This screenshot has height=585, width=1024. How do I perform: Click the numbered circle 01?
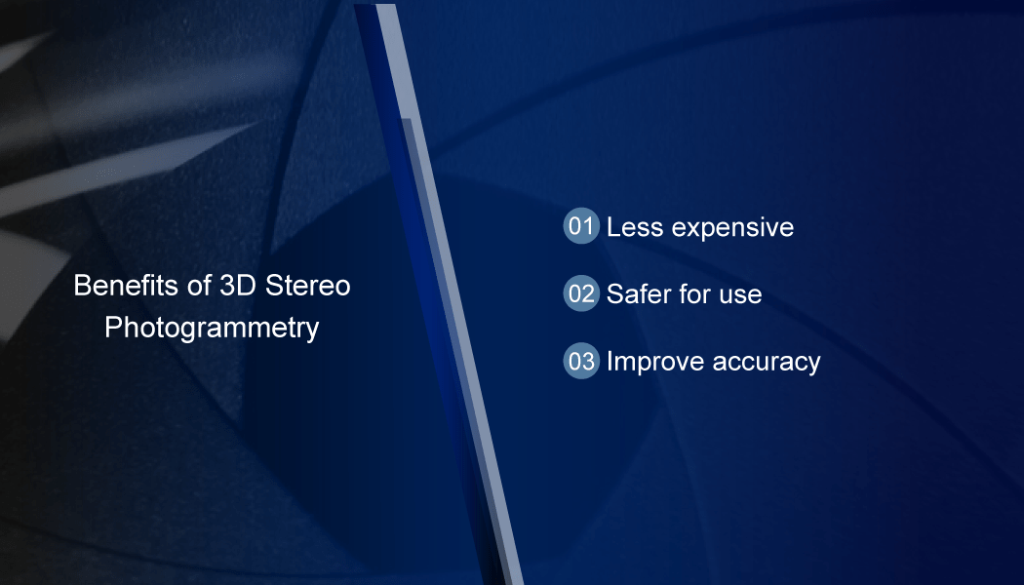[581, 226]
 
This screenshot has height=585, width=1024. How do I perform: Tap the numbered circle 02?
[581, 293]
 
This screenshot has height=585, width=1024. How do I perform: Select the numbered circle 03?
[581, 361]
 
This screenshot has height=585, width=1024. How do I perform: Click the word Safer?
[639, 294]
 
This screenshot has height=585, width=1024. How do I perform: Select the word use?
[740, 296]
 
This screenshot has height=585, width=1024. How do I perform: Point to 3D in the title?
[238, 286]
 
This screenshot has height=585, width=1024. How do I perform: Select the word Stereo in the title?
[307, 286]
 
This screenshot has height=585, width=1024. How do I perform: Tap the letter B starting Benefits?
[82, 286]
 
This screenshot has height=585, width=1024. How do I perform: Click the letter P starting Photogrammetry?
[113, 327]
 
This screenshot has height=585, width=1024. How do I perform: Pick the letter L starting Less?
[613, 227]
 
